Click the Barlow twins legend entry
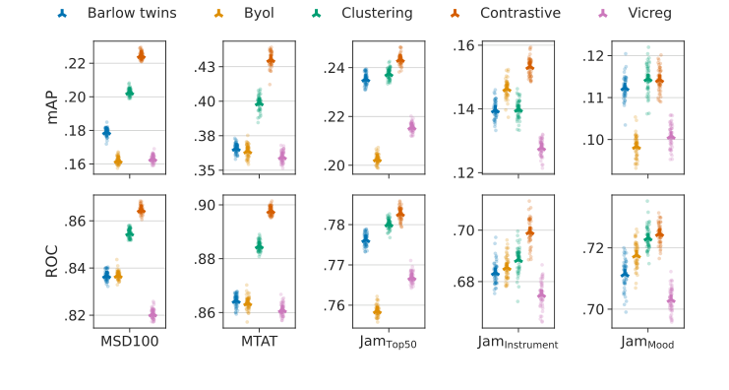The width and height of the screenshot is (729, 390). click(122, 14)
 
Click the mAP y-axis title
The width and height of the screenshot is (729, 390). click(55, 107)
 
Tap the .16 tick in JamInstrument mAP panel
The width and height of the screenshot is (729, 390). click(461, 45)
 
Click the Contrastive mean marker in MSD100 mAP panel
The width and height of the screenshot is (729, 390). click(141, 56)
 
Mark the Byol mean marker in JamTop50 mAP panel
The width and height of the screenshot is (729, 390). click(377, 159)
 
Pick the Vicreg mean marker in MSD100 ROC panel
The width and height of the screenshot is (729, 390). click(152, 314)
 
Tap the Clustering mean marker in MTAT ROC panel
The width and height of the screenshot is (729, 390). click(259, 247)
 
